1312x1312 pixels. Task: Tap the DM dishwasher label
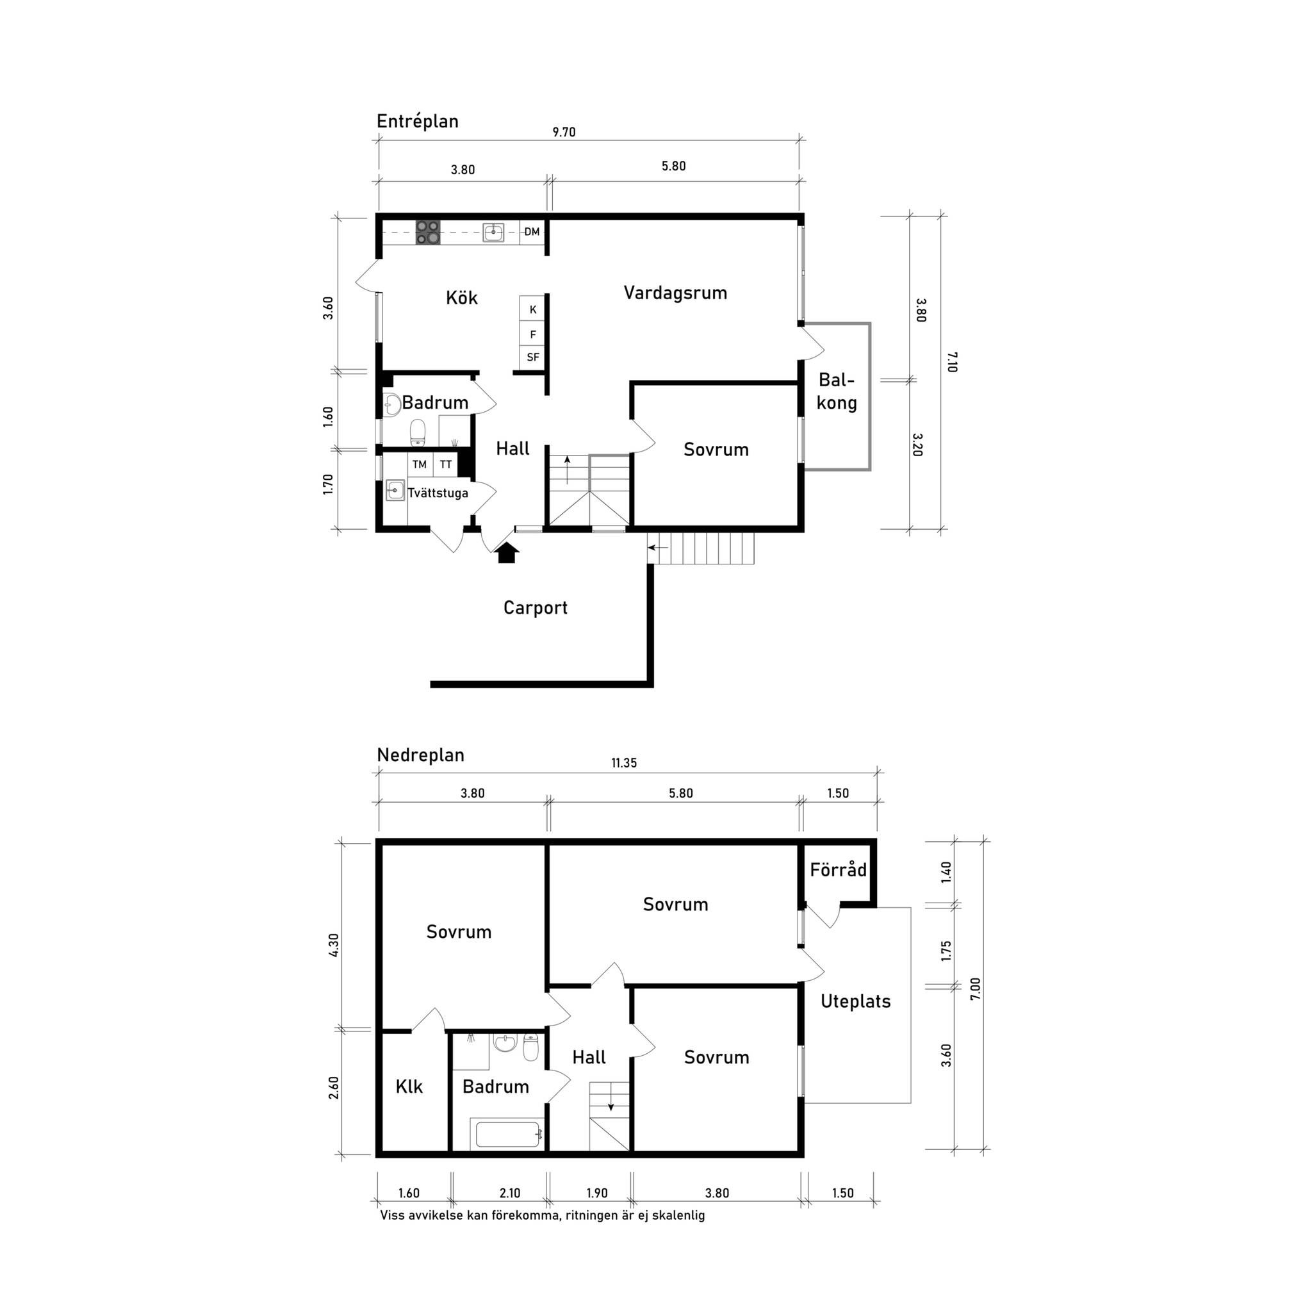tap(532, 231)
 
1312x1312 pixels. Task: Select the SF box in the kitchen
tap(533, 357)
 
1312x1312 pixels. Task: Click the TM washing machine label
tap(420, 464)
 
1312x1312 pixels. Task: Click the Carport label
tap(535, 608)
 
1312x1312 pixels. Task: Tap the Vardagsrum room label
tap(675, 293)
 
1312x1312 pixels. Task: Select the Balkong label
tap(837, 391)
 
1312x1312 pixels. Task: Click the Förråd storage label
tap(839, 869)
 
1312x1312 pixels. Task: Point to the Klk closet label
tap(409, 1086)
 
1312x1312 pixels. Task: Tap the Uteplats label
tap(856, 1001)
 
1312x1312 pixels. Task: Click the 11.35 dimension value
tap(624, 762)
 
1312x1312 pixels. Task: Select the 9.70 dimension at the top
tap(564, 132)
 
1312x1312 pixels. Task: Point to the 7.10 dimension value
tap(951, 361)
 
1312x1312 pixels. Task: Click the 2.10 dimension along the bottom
tap(510, 1193)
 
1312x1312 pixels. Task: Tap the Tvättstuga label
tap(438, 493)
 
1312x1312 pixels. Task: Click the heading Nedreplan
tap(420, 755)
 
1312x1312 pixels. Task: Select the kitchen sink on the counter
tap(493, 233)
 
